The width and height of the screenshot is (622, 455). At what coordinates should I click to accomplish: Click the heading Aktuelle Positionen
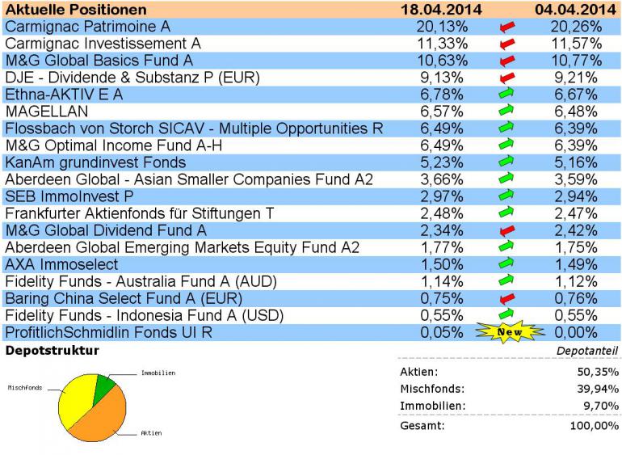coord(76,10)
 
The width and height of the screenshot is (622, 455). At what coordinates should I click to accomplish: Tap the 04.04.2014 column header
coord(574,10)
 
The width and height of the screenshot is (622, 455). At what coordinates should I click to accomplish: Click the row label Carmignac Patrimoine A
coord(86,26)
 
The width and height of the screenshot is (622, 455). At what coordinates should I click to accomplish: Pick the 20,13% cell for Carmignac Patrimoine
coord(440,26)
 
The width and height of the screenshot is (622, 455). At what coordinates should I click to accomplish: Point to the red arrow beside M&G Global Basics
coord(507,61)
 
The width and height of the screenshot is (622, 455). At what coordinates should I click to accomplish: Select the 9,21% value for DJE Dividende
coord(576,78)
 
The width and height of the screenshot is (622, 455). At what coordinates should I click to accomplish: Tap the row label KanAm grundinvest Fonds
coord(95,161)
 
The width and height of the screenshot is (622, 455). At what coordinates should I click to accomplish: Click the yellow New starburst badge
coord(507,332)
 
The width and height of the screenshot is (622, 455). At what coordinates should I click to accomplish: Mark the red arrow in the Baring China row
coord(507,299)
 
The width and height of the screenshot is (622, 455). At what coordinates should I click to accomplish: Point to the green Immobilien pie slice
coord(103,387)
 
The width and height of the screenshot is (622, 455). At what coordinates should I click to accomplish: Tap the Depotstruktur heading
coord(53,351)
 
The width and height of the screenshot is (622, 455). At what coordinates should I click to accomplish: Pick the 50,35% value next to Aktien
coord(599,372)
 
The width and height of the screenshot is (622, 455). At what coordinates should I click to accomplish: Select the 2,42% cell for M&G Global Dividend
coord(576,230)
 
